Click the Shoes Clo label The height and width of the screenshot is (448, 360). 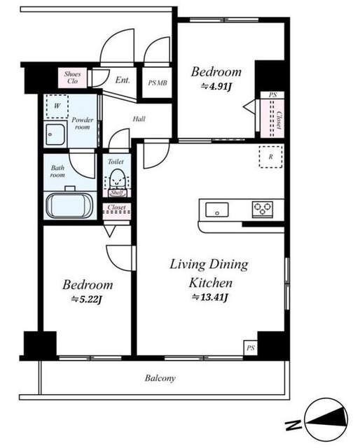tap(72, 78)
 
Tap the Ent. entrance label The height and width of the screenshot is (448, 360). tap(123, 80)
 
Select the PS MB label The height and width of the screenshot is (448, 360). tap(158, 83)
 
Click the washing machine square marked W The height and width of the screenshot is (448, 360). tap(57, 106)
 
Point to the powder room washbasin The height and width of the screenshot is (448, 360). tap(55, 134)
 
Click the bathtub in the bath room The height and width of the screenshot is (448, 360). tap(69, 205)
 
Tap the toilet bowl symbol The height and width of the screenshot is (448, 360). tap(117, 179)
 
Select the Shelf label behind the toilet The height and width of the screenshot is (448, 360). tap(117, 193)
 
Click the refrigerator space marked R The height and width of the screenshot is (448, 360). tap(270, 157)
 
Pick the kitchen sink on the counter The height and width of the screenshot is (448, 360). tap(217, 210)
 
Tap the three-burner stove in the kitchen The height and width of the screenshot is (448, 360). tap(263, 209)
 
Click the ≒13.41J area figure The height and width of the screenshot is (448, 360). tap(209, 297)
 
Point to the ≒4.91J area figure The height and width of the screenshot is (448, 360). tap(216, 86)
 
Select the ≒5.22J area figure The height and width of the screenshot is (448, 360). tap(87, 300)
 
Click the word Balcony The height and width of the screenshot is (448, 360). tap(160, 378)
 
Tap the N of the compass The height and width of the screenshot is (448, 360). tap(293, 425)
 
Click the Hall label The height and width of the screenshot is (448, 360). tap(139, 119)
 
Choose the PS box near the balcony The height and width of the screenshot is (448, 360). tap(251, 348)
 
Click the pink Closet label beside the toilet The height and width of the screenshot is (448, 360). tap(117, 207)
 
